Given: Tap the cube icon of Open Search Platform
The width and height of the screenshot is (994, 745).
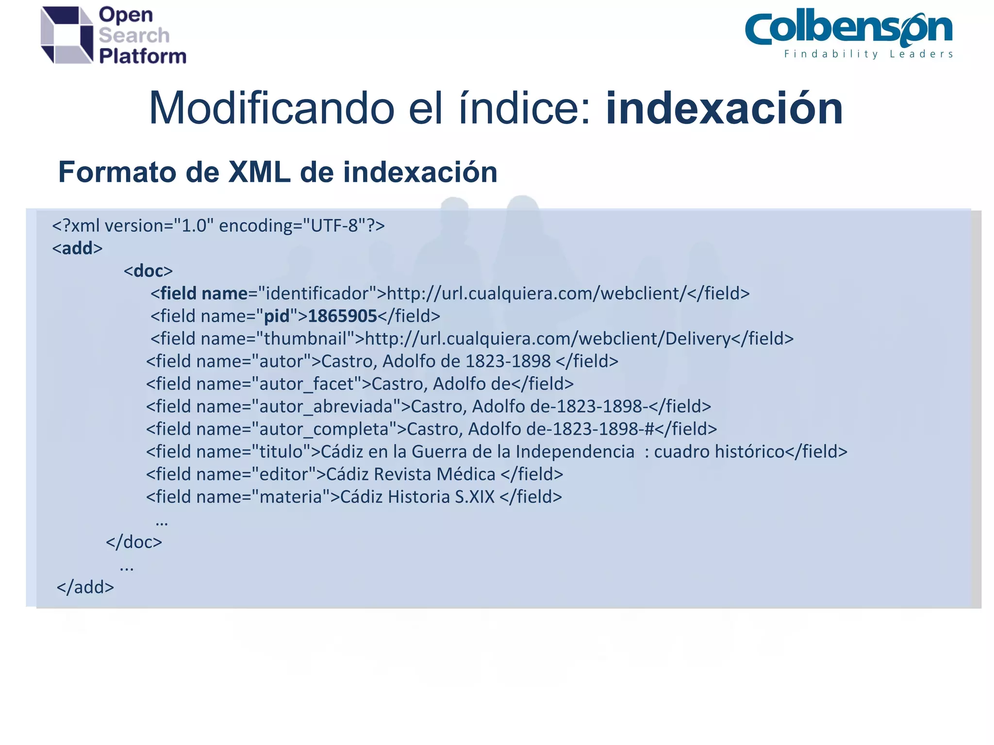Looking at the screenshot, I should pos(66,35).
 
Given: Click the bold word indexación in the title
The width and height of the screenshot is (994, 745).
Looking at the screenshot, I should pos(724,109).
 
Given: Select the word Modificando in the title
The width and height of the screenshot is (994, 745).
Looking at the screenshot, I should pos(271,109).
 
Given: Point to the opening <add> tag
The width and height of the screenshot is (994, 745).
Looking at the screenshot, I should pos(77,248).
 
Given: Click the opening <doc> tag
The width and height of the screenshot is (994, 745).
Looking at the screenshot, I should pos(148,271).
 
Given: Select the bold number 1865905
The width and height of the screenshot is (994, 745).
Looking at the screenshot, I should pos(342,316).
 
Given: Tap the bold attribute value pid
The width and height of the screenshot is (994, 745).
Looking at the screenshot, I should pos(277,316).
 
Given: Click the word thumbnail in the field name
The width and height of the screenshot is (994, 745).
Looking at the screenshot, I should pos(305,339).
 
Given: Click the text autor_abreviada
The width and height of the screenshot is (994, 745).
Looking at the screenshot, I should pos(326,406).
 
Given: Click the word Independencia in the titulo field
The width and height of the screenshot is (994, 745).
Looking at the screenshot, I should pos(575,452).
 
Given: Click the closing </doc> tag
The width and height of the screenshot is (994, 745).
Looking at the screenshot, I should pos(134,542).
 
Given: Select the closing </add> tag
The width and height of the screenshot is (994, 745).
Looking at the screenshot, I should pos(85,587).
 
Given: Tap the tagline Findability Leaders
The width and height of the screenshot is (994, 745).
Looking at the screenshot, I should pos(868,54).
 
